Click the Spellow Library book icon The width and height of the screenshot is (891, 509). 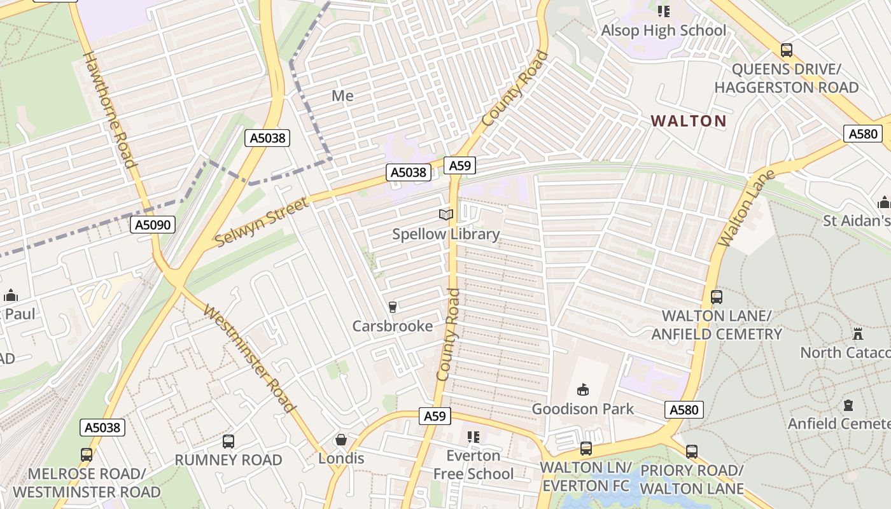[447, 215]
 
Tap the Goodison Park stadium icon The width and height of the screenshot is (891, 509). [582, 389]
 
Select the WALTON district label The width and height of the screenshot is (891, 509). [689, 121]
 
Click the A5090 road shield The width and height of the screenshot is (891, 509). [153, 225]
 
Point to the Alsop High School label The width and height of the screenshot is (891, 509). [663, 31]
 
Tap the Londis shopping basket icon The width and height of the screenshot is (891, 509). [341, 440]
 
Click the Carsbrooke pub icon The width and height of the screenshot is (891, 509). [393, 307]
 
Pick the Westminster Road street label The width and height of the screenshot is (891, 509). [249, 358]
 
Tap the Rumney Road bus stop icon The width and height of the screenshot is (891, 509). [228, 441]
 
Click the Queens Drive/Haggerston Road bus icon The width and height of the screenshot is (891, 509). [787, 50]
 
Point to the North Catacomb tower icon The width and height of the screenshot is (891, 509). [858, 333]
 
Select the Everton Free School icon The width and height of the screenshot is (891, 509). [473, 437]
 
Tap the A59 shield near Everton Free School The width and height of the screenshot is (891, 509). [435, 416]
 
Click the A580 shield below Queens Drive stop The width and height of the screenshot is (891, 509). [863, 134]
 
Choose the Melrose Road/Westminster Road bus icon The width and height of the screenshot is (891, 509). [87, 454]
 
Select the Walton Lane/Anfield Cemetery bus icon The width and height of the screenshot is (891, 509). [717, 296]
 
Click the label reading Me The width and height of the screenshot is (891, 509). [342, 95]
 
